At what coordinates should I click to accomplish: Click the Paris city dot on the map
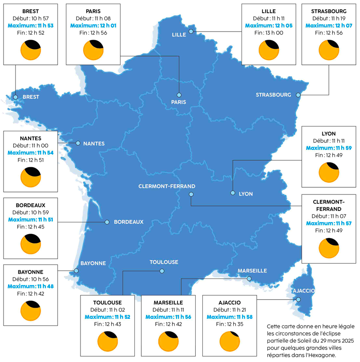179,95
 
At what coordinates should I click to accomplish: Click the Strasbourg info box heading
329,11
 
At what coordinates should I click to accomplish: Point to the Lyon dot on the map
233,193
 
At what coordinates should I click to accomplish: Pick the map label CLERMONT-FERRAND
167,186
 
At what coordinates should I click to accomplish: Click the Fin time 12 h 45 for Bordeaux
30,227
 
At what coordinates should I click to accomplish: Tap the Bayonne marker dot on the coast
76,270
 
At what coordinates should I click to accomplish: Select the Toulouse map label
164,262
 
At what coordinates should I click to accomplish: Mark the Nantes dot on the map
78,143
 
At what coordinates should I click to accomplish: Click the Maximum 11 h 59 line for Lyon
329,148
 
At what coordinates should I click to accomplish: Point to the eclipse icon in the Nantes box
30,177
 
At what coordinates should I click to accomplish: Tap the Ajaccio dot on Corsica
298,299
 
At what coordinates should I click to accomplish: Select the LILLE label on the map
179,35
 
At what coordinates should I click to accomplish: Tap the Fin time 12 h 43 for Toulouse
108,324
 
